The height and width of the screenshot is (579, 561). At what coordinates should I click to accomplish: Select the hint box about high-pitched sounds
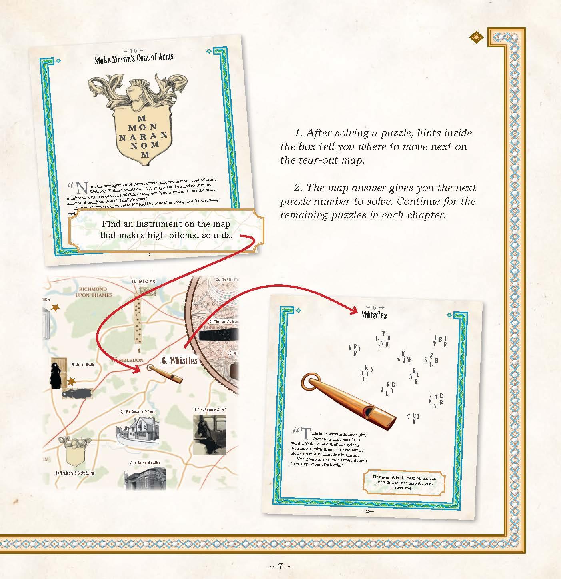166,230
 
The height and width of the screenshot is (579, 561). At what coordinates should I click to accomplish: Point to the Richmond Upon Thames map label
93,292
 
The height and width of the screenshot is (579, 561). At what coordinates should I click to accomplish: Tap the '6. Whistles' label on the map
180,361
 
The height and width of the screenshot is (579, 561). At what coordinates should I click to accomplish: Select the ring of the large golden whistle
309,383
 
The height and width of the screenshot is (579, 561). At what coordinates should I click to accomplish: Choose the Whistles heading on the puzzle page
374,315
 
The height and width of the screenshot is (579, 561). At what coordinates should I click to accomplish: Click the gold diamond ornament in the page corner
476,37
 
